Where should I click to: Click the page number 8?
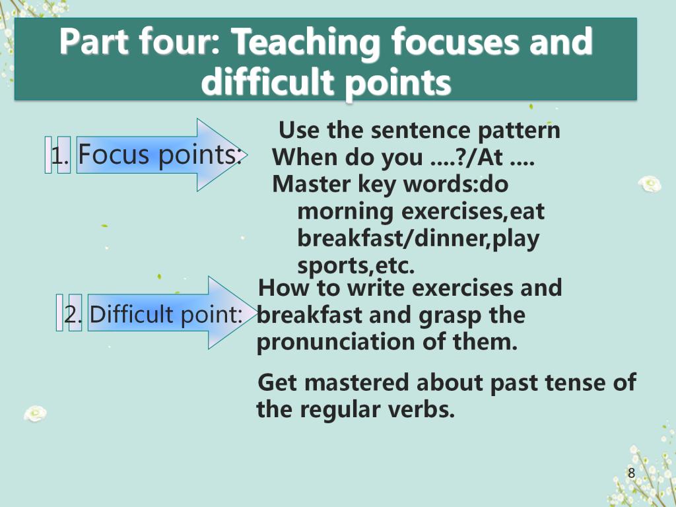pos(631,473)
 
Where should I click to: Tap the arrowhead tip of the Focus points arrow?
pos(247,154)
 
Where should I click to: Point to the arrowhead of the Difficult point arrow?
pos(233,312)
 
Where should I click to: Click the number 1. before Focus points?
pos(59,155)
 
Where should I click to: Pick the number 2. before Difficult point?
pos(73,314)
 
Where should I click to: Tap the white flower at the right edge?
pos(650,184)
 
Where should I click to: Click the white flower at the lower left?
pos(36,413)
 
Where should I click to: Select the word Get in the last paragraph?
pos(278,382)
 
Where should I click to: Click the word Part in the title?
pos(94,42)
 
